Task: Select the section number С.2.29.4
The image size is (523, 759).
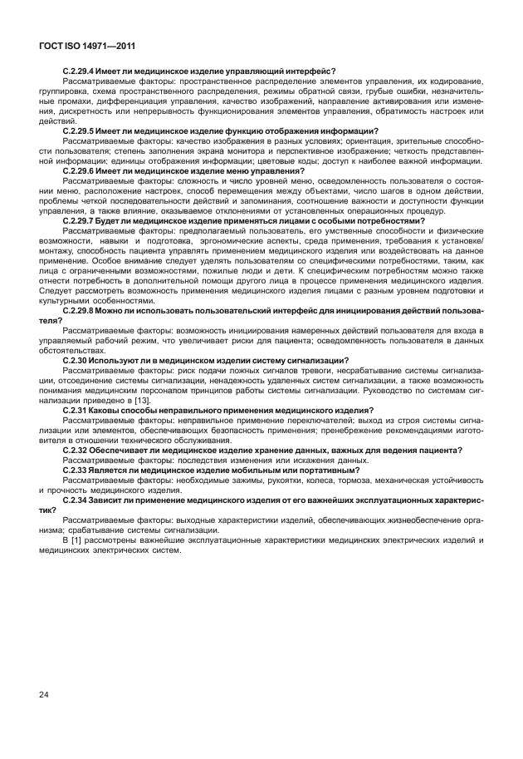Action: (x=82, y=72)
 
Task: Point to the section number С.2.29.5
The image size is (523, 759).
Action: (x=82, y=131)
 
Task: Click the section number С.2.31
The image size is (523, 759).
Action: (x=76, y=411)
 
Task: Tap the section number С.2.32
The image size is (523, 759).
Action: (x=76, y=450)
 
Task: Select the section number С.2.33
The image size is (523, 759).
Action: (x=76, y=469)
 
